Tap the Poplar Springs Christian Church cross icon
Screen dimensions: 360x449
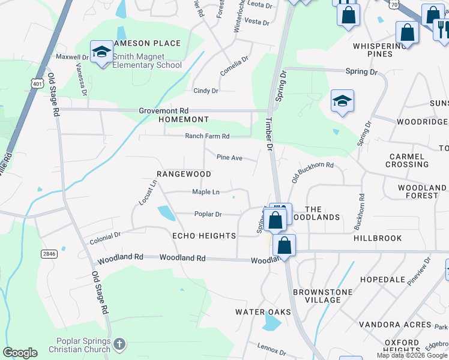pyautogui.click(x=119, y=344)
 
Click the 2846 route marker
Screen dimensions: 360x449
pyautogui.click(x=49, y=254)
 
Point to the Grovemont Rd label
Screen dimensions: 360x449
pyautogui.click(x=164, y=111)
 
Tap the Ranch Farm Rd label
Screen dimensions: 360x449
pyautogui.click(x=207, y=136)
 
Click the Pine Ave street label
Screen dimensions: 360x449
pyautogui.click(x=229, y=158)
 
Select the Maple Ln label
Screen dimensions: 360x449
pyautogui.click(x=205, y=192)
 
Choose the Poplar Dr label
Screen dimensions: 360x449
pyautogui.click(x=208, y=214)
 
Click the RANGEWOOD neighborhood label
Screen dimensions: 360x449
pyautogui.click(x=184, y=174)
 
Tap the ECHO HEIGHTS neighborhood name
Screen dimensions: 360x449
pyautogui.click(x=204, y=236)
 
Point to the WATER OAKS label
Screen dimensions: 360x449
pyautogui.click(x=263, y=312)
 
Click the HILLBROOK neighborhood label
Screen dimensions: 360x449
pyautogui.click(x=378, y=238)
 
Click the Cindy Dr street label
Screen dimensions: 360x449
pyautogui.click(x=205, y=91)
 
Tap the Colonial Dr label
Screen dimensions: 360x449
pyautogui.click(x=105, y=238)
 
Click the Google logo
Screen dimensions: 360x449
pyautogui.click(x=20, y=353)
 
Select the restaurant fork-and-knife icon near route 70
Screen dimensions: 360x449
pyautogui.click(x=442, y=29)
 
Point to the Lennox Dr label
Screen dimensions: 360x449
pyautogui.click(x=273, y=350)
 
